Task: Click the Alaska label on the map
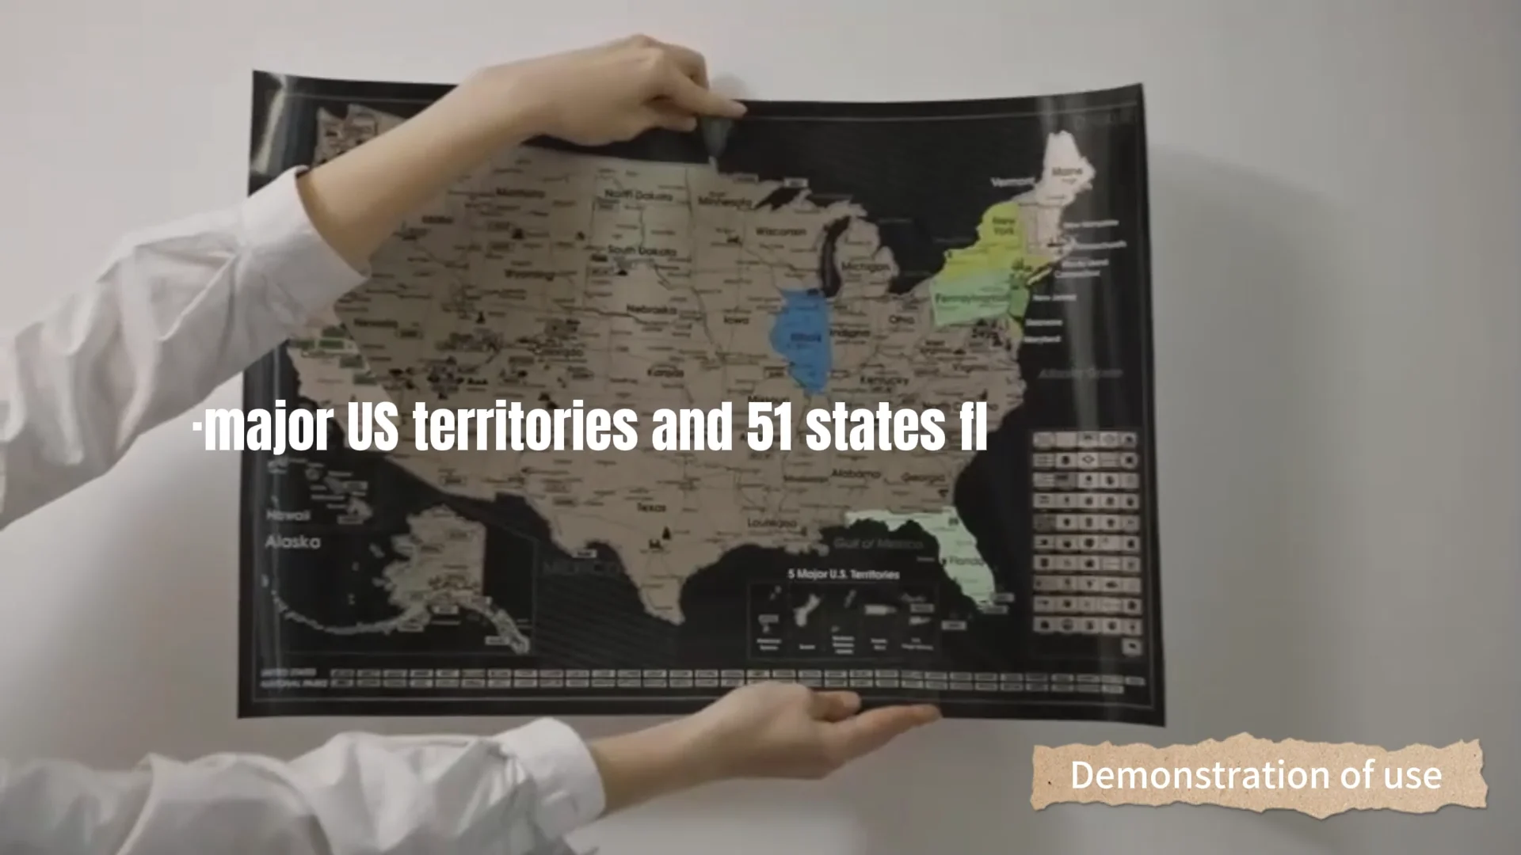coord(293,542)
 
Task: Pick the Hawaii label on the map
coord(288,515)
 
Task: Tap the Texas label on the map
coord(651,507)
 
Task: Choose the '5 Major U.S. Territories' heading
coord(844,574)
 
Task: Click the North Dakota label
coord(639,194)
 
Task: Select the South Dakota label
coord(642,251)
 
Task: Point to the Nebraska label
coord(651,310)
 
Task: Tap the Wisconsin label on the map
coord(780,231)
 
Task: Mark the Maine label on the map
coord(1067,170)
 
